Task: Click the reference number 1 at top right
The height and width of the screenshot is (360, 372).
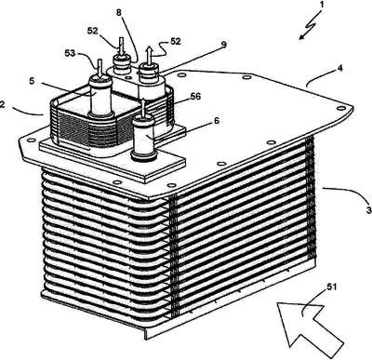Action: pyautogui.click(x=322, y=6)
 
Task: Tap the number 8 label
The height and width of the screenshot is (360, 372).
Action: pyautogui.click(x=119, y=13)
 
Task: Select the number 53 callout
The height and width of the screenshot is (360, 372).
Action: pyautogui.click(x=70, y=53)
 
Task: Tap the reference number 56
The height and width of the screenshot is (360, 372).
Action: pyautogui.click(x=195, y=97)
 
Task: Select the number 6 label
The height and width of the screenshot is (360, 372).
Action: pyautogui.click(x=217, y=121)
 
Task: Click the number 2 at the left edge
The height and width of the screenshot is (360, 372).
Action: pyautogui.click(x=2, y=104)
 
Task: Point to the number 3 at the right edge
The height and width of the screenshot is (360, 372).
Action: pyautogui.click(x=368, y=210)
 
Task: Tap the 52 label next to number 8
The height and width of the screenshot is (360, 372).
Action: pyautogui.click(x=93, y=31)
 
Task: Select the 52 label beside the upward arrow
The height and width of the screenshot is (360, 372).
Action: pyautogui.click(x=175, y=41)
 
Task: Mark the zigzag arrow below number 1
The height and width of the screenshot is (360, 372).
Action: pyautogui.click(x=310, y=26)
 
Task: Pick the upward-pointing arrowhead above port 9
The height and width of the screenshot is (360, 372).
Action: pyautogui.click(x=149, y=50)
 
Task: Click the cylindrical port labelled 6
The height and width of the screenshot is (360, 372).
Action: pyautogui.click(x=143, y=136)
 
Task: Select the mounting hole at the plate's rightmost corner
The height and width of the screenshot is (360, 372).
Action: pyautogui.click(x=341, y=108)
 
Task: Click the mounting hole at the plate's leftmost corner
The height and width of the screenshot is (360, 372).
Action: pyautogui.click(x=30, y=140)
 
